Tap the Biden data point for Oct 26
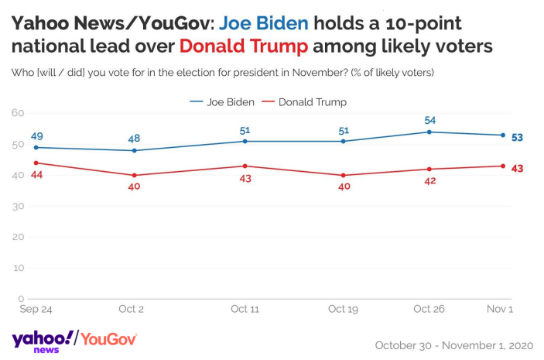pyautogui.click(x=429, y=132)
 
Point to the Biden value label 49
pyautogui.click(x=36, y=136)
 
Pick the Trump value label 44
pyautogui.click(x=36, y=175)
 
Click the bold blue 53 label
pyautogui.click(x=517, y=137)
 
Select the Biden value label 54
pyautogui.click(x=429, y=120)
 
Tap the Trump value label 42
pyautogui.click(x=429, y=181)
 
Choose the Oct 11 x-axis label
pyautogui.click(x=245, y=309)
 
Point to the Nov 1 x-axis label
pyautogui.click(x=499, y=309)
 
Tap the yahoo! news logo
pyautogui.click(x=44, y=341)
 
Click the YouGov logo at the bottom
pyautogui.click(x=109, y=339)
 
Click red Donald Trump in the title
pyautogui.click(x=244, y=46)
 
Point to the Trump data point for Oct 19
pyautogui.click(x=343, y=175)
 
